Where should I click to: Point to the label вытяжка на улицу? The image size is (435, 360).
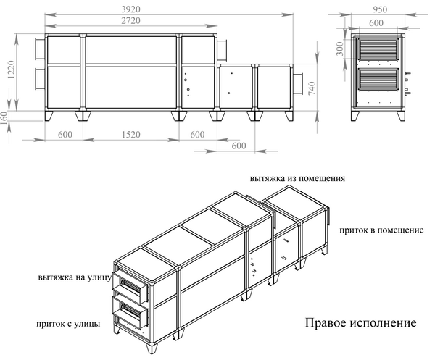click(x=75, y=277)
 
